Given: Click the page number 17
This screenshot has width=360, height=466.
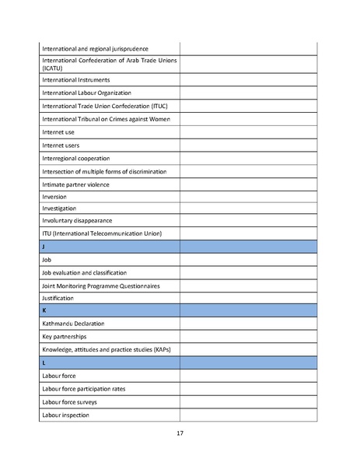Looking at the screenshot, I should tap(180, 434).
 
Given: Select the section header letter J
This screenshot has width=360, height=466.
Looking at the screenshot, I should tap(44, 247).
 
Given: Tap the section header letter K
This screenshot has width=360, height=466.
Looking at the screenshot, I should tap(44, 310).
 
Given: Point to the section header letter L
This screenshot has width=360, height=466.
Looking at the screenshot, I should tap(44, 363).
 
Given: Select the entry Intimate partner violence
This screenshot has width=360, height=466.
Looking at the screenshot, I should tap(75, 184).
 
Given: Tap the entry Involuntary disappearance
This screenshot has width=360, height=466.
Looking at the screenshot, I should tap(77, 221).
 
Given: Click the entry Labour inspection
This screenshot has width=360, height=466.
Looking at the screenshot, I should tap(66, 415).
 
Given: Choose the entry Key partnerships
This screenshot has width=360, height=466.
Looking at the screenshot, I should tap(65, 337).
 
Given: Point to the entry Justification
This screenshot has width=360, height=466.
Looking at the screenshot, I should tap(58, 298).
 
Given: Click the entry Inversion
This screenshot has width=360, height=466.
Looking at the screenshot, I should tap(54, 197).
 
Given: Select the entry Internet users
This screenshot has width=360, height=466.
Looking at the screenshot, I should tap(61, 145).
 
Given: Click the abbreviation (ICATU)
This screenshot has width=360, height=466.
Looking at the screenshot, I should tap(56, 68).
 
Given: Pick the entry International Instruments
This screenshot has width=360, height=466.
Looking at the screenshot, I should tap(76, 79).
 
